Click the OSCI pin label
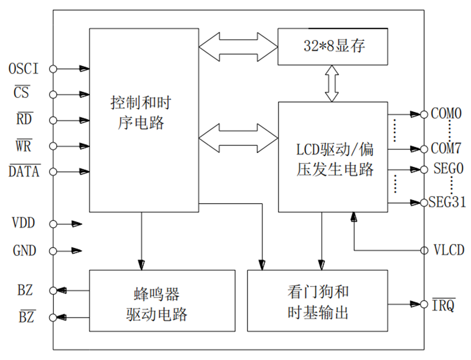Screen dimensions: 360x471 (23, 69)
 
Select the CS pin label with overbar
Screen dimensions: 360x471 (22, 94)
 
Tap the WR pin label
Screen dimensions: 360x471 (23, 146)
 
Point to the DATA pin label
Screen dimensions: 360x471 (25, 172)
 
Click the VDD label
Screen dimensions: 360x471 (24, 224)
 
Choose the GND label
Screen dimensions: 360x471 (25, 251)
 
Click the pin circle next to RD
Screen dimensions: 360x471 (53, 120)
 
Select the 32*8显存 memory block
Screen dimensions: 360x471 (333, 46)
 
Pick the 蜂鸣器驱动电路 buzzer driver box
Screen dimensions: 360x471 (162, 301)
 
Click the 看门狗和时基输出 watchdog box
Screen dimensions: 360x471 (318, 301)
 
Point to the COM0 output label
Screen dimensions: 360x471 (446, 114)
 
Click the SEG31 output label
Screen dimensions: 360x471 (446, 203)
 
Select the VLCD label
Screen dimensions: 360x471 (449, 250)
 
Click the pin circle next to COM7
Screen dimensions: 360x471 (424, 149)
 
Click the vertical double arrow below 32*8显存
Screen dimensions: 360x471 (332, 83)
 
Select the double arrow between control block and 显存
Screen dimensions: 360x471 (238, 46)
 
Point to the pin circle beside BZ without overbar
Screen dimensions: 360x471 (53, 290)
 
